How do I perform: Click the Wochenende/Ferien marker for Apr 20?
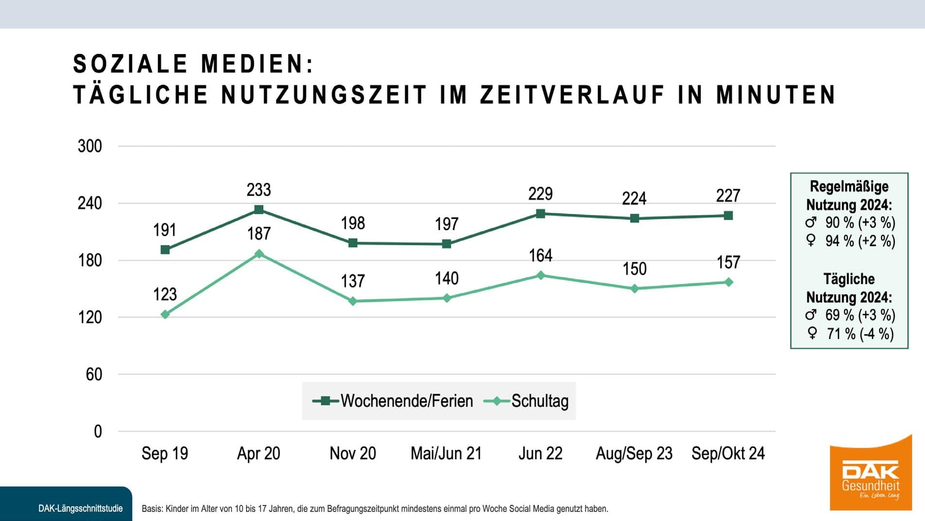click(259, 210)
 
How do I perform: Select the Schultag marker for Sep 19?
click(165, 315)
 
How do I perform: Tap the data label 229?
click(541, 194)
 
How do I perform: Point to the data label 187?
click(259, 234)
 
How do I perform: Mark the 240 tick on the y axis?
click(90, 203)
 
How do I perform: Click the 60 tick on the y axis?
click(94, 375)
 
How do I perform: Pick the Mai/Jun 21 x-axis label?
click(446, 453)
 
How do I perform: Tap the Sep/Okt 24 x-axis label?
click(728, 453)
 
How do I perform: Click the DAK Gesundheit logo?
click(871, 474)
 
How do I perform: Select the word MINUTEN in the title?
click(776, 94)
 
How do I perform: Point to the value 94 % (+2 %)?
click(859, 241)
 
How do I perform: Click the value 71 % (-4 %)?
click(859, 334)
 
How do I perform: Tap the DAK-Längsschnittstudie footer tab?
click(80, 508)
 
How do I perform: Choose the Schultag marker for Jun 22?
click(541, 275)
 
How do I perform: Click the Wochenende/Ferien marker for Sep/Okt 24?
click(728, 216)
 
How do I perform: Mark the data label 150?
click(634, 269)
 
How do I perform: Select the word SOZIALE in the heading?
click(130, 64)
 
